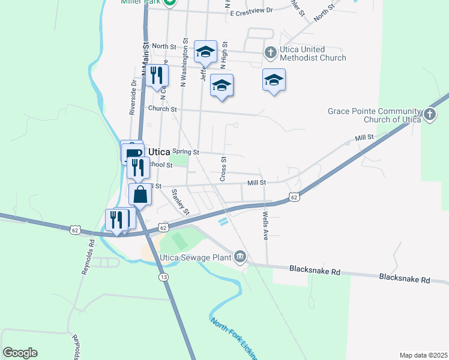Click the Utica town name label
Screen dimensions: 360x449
[159, 152]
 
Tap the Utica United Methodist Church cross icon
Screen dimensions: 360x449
[270, 53]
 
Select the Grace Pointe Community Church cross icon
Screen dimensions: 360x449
[429, 115]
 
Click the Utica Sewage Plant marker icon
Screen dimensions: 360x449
[240, 258]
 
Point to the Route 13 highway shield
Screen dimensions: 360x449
[163, 277]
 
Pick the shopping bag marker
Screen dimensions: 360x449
[140, 195]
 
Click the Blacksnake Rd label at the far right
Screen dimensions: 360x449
[405, 280]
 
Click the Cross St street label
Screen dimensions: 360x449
[223, 169]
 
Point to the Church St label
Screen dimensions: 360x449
[162, 109]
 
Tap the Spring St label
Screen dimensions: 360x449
[185, 152]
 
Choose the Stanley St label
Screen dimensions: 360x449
[180, 202]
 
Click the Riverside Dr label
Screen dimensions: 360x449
[133, 97]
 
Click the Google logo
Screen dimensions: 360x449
[20, 353]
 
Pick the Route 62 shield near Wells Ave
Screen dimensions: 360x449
[294, 197]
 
